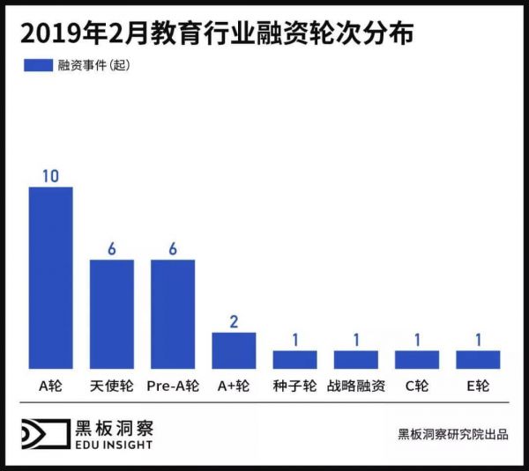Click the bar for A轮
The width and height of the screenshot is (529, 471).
(51, 277)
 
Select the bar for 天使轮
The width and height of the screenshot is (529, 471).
(112, 313)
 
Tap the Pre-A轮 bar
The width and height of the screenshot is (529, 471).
(173, 313)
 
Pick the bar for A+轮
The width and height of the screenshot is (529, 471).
(234, 350)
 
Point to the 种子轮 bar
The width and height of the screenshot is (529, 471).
(294, 359)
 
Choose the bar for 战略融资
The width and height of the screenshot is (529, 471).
(355, 359)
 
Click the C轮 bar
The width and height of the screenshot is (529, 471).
(417, 359)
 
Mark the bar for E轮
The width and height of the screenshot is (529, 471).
(478, 359)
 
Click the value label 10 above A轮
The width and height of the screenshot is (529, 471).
(50, 175)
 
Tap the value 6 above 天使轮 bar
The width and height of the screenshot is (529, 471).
(112, 248)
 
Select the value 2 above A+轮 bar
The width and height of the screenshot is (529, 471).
(234, 321)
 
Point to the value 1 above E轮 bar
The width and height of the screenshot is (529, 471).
(478, 340)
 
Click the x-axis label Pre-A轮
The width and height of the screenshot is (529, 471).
(173, 386)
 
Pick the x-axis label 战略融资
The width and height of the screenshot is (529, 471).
(355, 386)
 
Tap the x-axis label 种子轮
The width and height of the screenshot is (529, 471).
(294, 386)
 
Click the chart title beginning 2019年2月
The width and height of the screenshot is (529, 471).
(216, 33)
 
